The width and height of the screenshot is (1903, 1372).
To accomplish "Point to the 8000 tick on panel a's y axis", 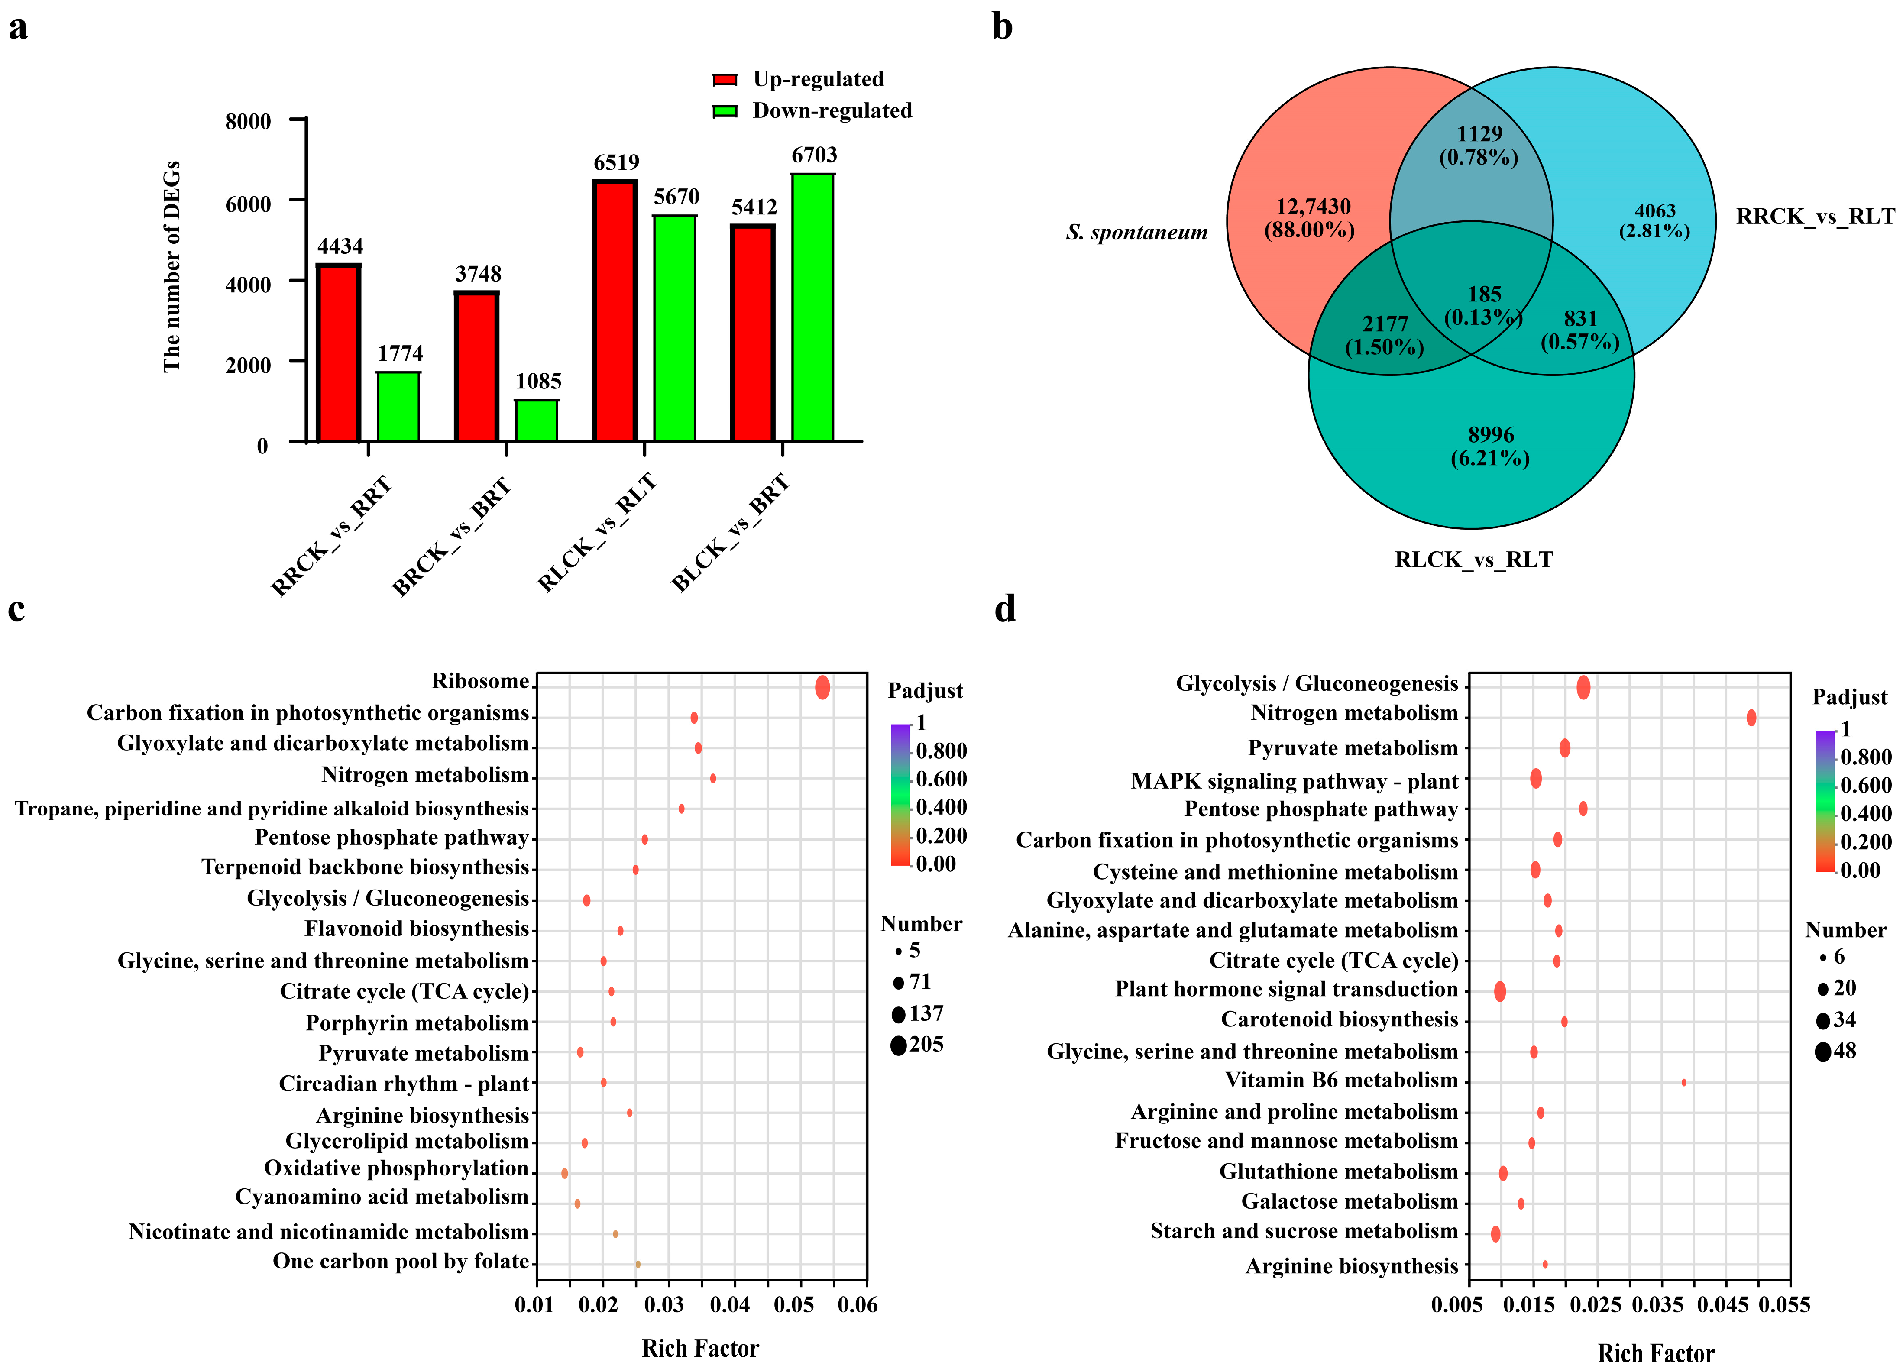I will click(x=248, y=121).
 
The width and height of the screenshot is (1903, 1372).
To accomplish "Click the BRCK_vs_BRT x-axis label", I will click(x=451, y=537).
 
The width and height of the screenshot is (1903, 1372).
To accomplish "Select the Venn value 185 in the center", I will click(x=1483, y=294).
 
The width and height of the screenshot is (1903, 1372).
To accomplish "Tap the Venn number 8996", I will click(x=1490, y=435).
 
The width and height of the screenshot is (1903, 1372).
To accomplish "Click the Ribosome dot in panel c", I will click(x=822, y=687).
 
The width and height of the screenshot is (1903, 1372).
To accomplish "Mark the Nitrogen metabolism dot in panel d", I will click(x=1751, y=718).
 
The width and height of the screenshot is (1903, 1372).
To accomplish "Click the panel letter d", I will click(x=1004, y=608).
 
